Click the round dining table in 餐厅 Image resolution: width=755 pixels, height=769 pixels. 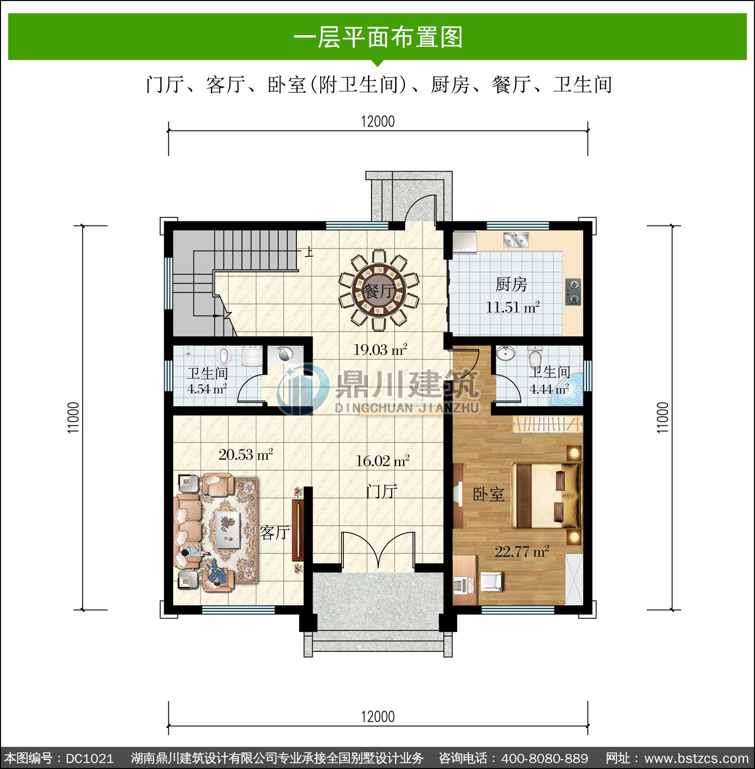click(379, 291)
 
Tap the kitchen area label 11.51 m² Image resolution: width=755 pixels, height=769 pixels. click(513, 306)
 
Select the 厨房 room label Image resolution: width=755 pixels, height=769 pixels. click(511, 284)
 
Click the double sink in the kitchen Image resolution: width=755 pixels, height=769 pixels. click(516, 240)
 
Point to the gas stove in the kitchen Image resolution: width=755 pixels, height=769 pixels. click(573, 292)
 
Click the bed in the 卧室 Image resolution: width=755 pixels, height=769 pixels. click(546, 495)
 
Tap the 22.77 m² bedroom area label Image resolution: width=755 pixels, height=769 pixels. click(521, 551)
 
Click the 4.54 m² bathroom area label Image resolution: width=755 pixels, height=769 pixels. click(207, 389)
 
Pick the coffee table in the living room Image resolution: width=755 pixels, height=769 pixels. click(228, 528)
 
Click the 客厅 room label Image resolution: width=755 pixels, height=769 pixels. click(275, 532)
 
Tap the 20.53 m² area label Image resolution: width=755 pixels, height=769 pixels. click(246, 454)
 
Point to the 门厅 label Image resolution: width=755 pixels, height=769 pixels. click(382, 491)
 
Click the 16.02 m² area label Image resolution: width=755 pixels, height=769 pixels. click(383, 460)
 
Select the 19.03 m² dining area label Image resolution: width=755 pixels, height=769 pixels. click(380, 349)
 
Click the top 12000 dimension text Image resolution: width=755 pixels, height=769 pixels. click(377, 121)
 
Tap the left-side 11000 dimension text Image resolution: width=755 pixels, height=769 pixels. click(73, 417)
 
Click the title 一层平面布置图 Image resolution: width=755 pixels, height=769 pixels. click(377, 37)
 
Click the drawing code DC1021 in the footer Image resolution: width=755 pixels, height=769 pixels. click(90, 758)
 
